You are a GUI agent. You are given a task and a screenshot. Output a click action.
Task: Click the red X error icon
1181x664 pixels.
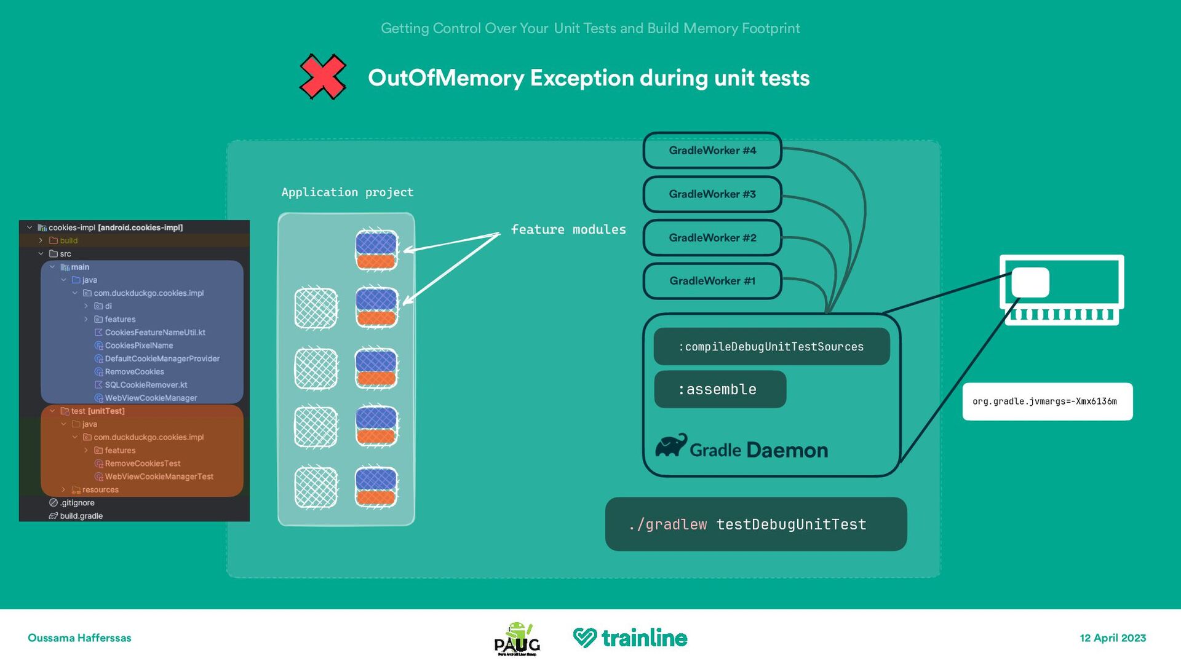click(323, 77)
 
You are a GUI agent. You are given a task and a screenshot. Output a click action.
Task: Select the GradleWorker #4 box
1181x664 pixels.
click(712, 151)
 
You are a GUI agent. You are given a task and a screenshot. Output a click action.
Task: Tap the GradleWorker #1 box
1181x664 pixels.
click(712, 281)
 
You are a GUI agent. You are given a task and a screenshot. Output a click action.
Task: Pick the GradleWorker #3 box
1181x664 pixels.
click(712, 194)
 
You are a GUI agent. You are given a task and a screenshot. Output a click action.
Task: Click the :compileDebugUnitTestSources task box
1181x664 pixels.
click(771, 347)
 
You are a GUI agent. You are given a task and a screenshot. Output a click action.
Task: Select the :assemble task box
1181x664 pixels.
click(720, 389)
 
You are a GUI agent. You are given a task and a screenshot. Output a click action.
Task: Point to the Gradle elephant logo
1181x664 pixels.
click(671, 445)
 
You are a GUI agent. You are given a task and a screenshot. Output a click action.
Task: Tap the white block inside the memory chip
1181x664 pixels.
click(1030, 283)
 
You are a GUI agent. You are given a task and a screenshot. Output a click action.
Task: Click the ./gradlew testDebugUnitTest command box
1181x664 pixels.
click(755, 524)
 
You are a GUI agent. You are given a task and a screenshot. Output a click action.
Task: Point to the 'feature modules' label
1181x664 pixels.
click(568, 229)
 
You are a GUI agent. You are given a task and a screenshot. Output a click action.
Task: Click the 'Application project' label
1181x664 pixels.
click(348, 192)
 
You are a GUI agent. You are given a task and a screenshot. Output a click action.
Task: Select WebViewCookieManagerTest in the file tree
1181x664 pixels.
click(159, 476)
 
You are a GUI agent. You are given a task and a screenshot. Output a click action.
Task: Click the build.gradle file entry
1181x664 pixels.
click(81, 516)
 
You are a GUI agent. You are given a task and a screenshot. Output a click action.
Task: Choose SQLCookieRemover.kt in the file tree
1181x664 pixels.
click(146, 385)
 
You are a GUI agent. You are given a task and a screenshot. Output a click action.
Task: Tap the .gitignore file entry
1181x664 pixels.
click(77, 503)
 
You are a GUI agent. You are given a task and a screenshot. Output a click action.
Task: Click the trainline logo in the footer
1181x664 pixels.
click(630, 638)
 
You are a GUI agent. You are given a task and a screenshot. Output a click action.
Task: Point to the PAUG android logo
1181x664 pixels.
click(517, 639)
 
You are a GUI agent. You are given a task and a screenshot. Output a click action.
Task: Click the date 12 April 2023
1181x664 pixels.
click(1113, 638)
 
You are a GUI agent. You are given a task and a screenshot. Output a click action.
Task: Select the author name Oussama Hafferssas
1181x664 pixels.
click(79, 638)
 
